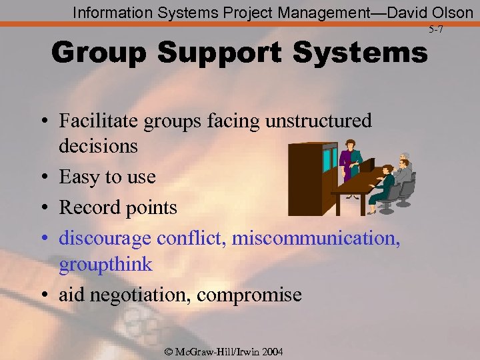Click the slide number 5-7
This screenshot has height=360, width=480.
pyautogui.click(x=436, y=30)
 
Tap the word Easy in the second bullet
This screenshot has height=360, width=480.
pyautogui.click(x=79, y=177)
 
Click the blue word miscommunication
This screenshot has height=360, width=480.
pyautogui.click(x=315, y=238)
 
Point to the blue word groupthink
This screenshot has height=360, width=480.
pyautogui.click(x=105, y=265)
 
